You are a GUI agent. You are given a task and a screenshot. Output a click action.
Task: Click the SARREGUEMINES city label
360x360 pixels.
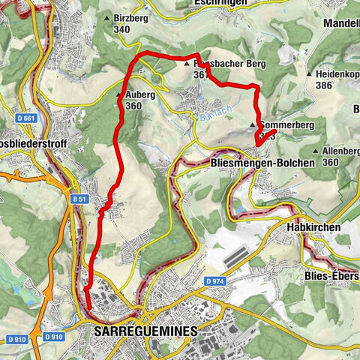coord(145,330)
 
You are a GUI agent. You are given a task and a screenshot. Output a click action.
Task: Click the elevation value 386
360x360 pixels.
coord(324,87)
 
